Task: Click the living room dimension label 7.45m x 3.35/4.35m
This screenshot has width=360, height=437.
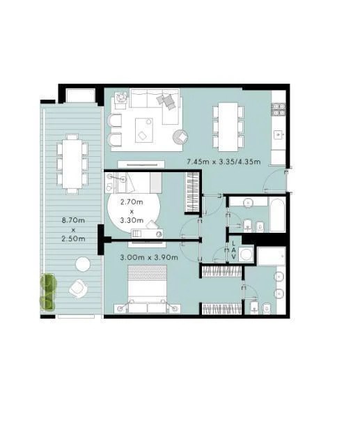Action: pyautogui.click(x=224, y=162)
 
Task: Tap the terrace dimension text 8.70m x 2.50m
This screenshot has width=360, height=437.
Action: pyautogui.click(x=73, y=229)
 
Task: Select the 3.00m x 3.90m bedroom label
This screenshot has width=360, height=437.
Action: pyautogui.click(x=149, y=257)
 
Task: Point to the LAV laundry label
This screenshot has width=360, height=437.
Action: pyautogui.click(x=233, y=250)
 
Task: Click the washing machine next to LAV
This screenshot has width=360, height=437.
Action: pyautogui.click(x=246, y=254)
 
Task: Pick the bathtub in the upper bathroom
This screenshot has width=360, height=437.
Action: pyautogui.click(x=277, y=215)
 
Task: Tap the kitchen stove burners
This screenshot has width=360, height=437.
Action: pyautogui.click(x=279, y=109)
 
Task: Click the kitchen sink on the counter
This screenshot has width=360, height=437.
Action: pyautogui.click(x=279, y=135)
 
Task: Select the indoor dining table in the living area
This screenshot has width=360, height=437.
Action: pyautogui.click(x=228, y=127)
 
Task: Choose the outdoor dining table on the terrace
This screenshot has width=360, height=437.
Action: pyautogui.click(x=72, y=164)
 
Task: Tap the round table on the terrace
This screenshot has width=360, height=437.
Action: pyautogui.click(x=83, y=264)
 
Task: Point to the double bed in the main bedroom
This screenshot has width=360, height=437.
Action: pyautogui.click(x=148, y=289)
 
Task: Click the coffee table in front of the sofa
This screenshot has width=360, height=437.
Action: pyautogui.click(x=144, y=130)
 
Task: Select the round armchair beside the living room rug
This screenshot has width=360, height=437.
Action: pyautogui.click(x=180, y=137)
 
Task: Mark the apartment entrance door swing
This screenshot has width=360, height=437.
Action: pyautogui.click(x=275, y=181)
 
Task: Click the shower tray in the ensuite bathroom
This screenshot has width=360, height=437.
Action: pyautogui.click(x=272, y=256)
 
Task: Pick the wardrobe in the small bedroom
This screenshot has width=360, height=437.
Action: pyautogui.click(x=192, y=192)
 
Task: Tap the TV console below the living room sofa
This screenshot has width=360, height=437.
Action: pyautogui.click(x=141, y=164)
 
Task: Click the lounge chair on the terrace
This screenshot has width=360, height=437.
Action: pyautogui.click(x=77, y=288)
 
